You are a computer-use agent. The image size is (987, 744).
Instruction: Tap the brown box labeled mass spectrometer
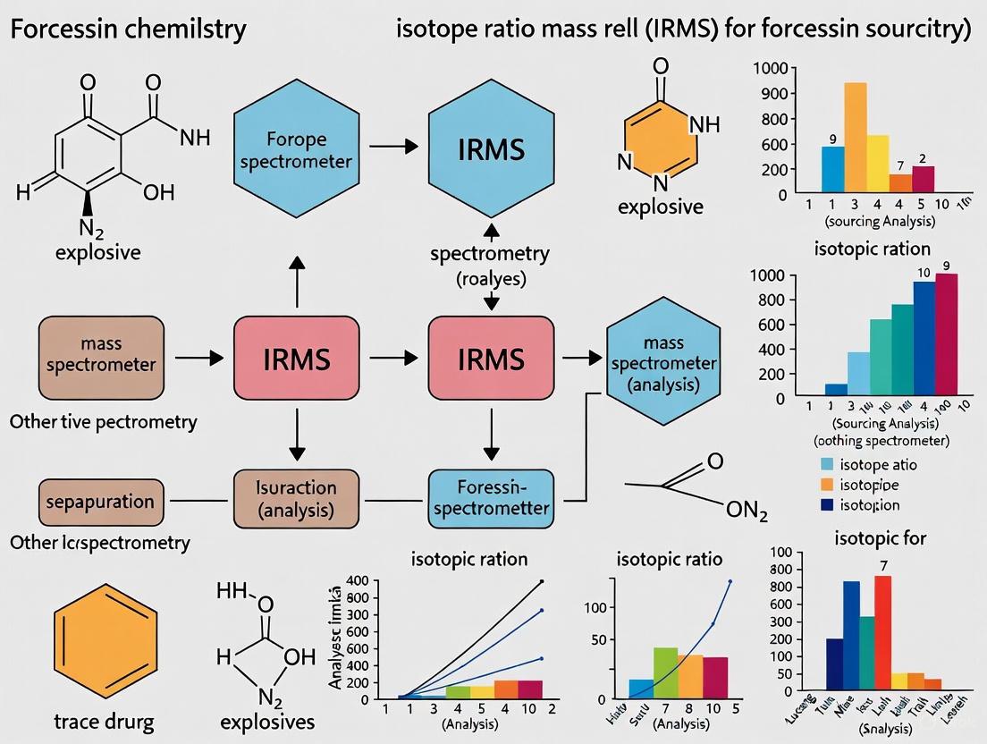tap(101, 356)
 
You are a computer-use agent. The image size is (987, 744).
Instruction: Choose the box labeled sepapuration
tap(101, 502)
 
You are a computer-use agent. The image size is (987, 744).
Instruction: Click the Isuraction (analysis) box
tap(296, 499)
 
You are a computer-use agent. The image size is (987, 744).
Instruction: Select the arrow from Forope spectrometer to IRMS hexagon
tap(394, 146)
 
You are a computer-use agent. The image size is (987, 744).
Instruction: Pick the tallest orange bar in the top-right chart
tap(856, 138)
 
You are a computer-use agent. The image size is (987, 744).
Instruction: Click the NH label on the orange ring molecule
tap(705, 125)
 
